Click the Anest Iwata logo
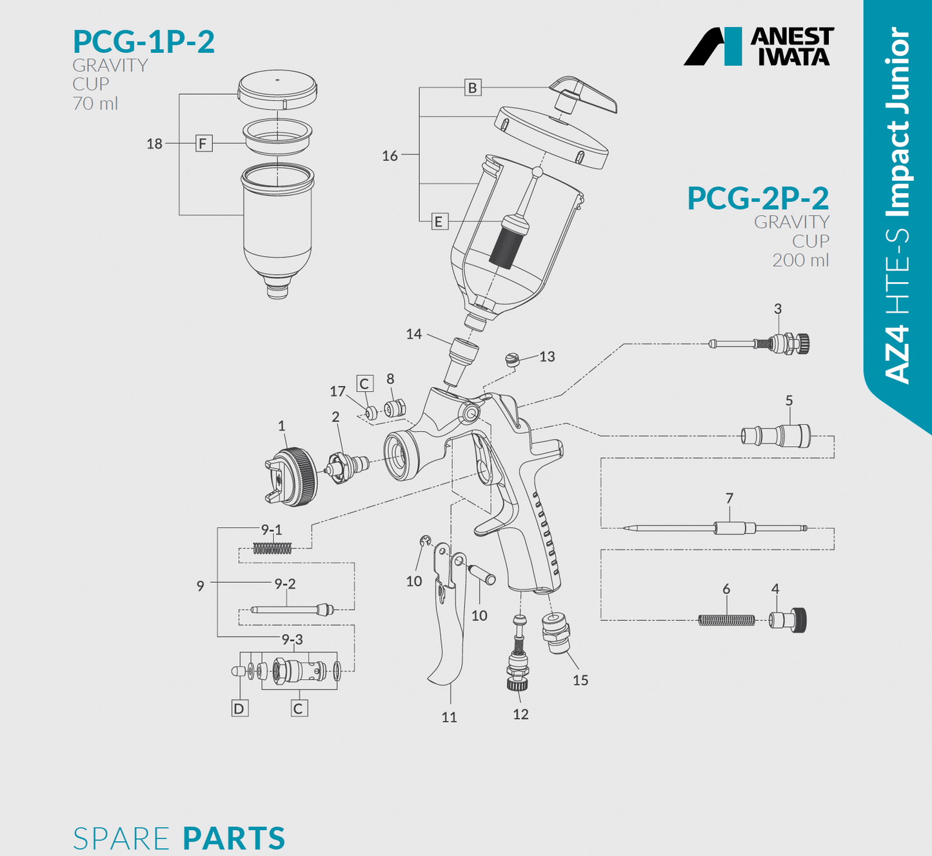coord(758,46)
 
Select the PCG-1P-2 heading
coord(143,41)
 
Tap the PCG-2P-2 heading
coord(757,198)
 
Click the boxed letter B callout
coord(473,88)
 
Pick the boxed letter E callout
coord(439,222)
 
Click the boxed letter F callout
coord(204,143)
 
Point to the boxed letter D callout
coord(239,709)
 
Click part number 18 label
coord(154,144)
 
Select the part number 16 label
coord(390,156)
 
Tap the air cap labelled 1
coord(292,476)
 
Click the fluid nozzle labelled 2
coord(347,465)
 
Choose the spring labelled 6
coord(726,620)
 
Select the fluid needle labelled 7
coord(716,528)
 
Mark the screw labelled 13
coord(513,359)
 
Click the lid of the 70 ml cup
coord(277,87)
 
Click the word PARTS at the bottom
coord(233,838)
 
